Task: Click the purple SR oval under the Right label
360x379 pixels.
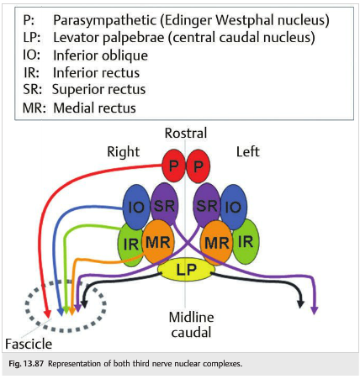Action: tap(165, 204)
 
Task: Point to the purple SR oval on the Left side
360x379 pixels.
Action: tap(207, 205)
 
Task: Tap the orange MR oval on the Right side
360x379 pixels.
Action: tap(158, 242)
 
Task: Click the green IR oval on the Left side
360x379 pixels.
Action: tap(246, 241)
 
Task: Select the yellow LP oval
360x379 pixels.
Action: tap(186, 269)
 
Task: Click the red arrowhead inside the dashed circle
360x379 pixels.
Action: tap(48, 314)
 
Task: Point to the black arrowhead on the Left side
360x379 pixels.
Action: tap(300, 304)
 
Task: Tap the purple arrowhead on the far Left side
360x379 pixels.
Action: tap(315, 310)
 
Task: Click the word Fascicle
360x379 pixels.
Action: tap(29, 344)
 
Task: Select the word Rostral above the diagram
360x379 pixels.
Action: tap(186, 133)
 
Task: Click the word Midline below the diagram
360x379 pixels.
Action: tap(191, 317)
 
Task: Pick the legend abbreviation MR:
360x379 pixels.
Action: tap(34, 108)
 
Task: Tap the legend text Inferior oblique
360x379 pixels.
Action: tap(100, 55)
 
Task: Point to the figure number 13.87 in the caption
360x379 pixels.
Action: tap(34, 364)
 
